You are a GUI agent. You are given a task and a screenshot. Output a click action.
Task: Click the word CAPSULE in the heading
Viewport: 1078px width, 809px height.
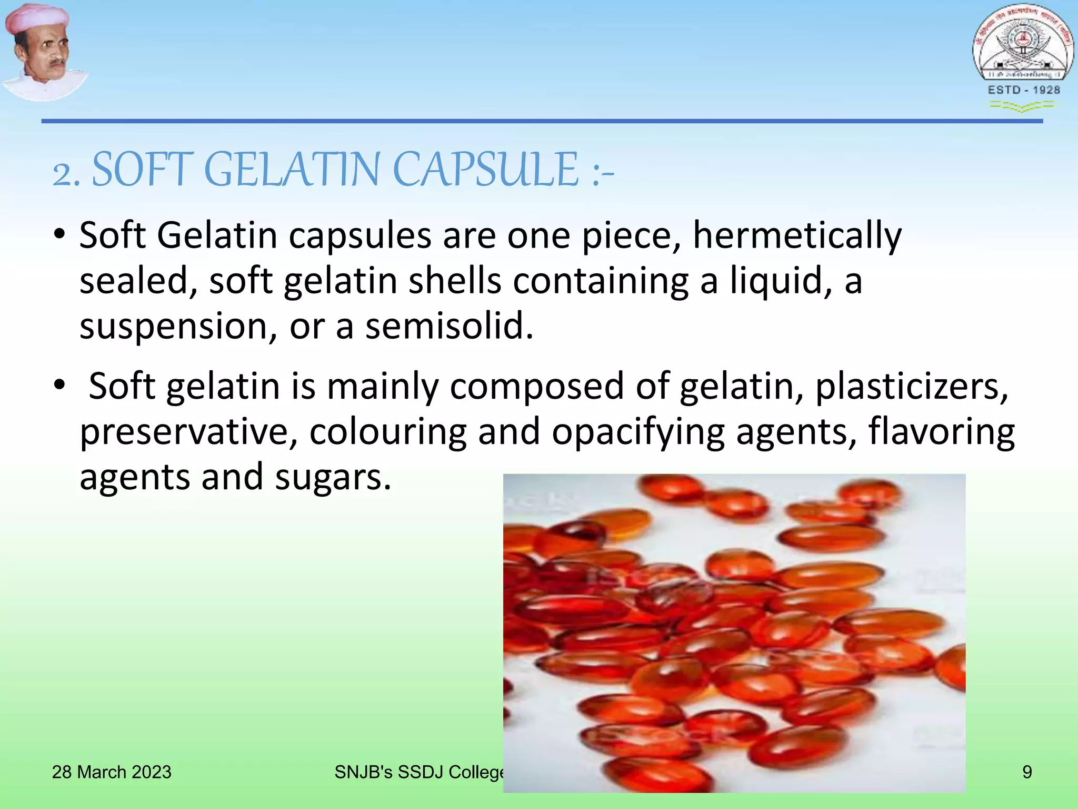(x=486, y=170)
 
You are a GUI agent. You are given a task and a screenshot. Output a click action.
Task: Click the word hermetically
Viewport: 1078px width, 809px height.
(x=797, y=235)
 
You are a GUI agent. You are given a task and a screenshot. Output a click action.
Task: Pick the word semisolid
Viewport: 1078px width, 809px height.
(x=449, y=325)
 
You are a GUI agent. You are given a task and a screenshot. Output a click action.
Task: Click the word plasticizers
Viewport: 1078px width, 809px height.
(x=911, y=386)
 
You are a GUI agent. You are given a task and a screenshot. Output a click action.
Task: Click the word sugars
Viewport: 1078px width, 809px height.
(x=333, y=477)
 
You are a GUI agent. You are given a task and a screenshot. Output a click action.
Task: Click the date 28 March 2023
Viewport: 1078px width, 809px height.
(x=112, y=772)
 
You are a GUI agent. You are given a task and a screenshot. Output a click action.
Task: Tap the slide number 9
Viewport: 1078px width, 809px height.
(x=1027, y=772)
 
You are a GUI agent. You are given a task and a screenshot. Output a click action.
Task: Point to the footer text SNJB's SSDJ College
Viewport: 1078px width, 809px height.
(x=419, y=772)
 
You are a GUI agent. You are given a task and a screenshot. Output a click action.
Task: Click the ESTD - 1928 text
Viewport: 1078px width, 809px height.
(x=1024, y=90)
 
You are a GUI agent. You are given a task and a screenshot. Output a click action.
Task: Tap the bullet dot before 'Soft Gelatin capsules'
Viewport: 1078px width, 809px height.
(x=59, y=233)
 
